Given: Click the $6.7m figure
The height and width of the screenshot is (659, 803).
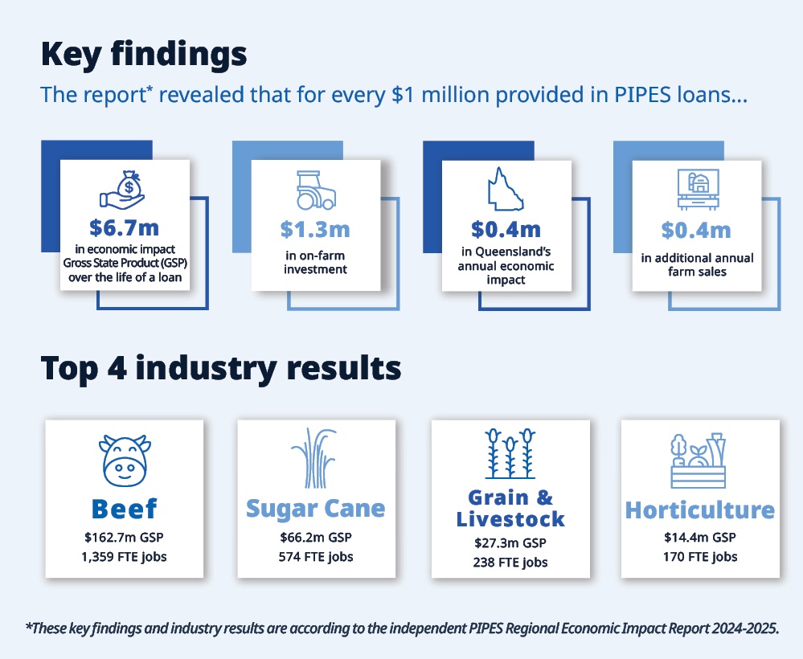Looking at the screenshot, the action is [125, 228].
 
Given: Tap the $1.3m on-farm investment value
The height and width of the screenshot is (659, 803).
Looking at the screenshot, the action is [315, 230].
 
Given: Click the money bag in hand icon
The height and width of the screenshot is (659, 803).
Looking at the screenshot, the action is [123, 190].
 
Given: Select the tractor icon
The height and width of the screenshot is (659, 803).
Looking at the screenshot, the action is [316, 190].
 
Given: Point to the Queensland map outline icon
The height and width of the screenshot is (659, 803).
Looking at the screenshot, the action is [506, 189].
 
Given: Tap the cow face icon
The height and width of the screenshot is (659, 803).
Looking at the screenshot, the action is [125, 460].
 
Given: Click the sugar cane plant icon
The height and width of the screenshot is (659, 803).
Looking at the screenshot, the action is [314, 458].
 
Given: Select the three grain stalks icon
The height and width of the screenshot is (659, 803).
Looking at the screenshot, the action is [510, 454].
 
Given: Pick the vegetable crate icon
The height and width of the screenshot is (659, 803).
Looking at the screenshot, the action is [698, 460].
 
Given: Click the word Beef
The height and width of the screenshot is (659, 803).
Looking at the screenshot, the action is [125, 509].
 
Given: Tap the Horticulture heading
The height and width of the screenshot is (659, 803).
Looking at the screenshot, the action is [700, 510].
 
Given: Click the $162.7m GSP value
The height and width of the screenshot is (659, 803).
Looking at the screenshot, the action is [124, 538].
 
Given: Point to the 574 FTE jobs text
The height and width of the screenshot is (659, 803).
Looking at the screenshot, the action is [316, 557].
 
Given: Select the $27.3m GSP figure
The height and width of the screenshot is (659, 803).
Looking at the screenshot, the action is [510, 542].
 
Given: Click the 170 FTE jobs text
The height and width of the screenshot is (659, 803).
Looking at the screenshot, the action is [700, 557].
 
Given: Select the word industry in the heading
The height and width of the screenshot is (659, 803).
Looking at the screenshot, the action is [206, 369].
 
